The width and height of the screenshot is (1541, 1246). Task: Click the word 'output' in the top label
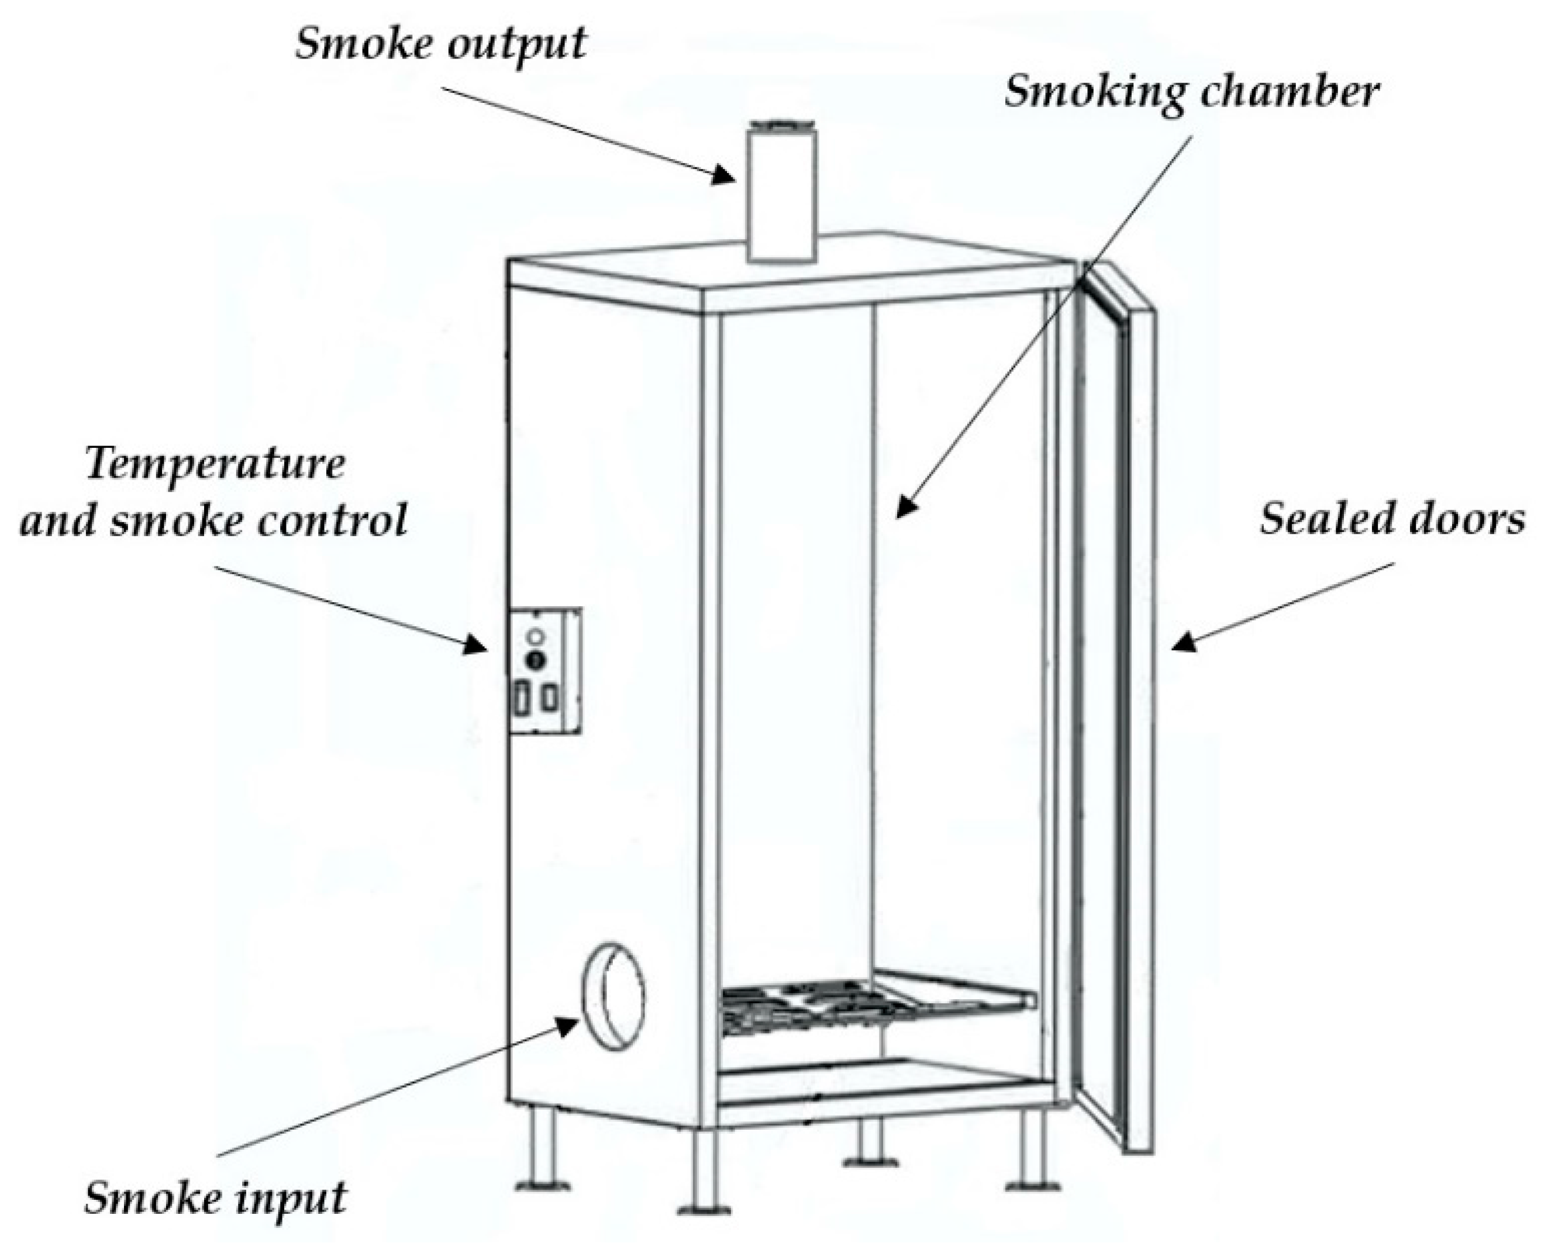click(x=515, y=44)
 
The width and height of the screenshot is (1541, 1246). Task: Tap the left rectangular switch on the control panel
click(x=522, y=698)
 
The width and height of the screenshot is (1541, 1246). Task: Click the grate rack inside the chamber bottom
click(x=875, y=1005)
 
